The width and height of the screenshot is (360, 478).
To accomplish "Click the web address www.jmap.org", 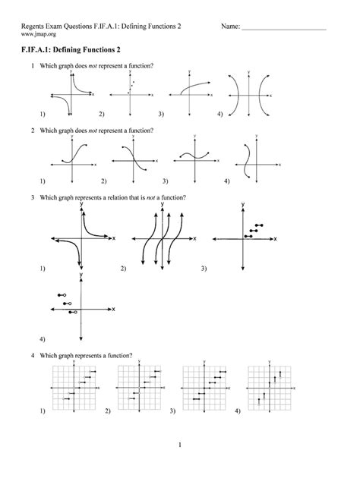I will (39, 35).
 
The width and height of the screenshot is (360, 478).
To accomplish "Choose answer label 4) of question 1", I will (219, 115).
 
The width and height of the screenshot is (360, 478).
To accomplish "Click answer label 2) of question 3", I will (123, 269).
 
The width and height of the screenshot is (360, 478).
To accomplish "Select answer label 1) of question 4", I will (43, 410).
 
